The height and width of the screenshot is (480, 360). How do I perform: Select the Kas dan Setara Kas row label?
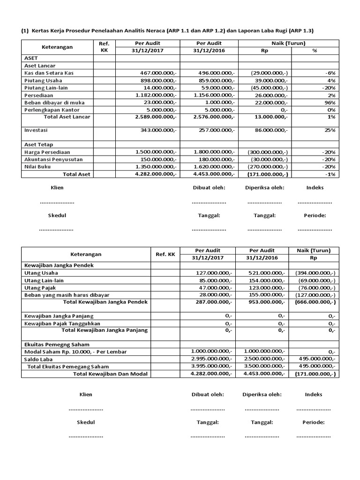49,73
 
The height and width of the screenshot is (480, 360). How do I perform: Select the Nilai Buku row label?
38,166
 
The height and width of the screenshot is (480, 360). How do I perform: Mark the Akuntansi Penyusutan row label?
53,159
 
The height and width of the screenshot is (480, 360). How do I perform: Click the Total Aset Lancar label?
67,117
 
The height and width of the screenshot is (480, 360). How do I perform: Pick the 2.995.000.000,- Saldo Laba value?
211,359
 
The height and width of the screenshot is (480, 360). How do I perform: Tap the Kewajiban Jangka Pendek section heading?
59,265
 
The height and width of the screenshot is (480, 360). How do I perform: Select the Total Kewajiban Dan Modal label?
110,374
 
